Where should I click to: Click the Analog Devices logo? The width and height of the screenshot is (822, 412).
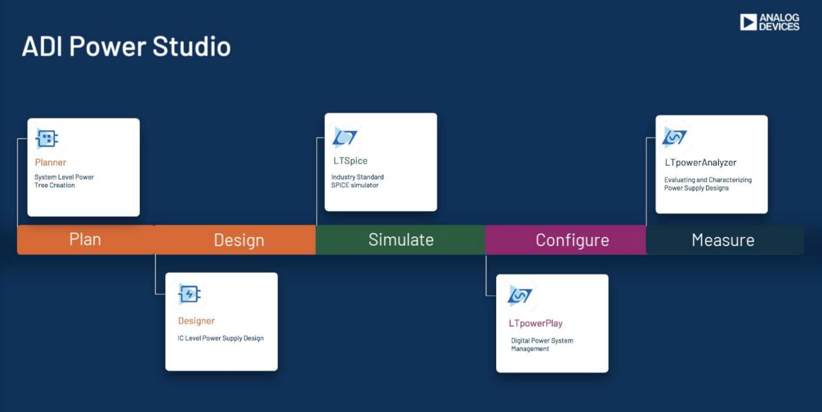pyautogui.click(x=770, y=22)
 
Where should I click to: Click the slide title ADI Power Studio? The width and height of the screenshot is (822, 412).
pyautogui.click(x=126, y=46)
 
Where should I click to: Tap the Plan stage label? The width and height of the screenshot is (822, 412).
pyautogui.click(x=85, y=239)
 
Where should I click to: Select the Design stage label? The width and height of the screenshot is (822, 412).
pyautogui.click(x=239, y=240)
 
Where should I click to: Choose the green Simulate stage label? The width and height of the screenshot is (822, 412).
pyautogui.click(x=401, y=240)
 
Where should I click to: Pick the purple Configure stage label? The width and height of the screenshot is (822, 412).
pyautogui.click(x=572, y=240)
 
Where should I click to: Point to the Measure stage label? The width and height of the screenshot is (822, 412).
pyautogui.click(x=723, y=240)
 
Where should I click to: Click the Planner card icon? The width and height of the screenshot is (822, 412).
pyautogui.click(x=47, y=139)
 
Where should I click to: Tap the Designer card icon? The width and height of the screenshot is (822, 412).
pyautogui.click(x=189, y=294)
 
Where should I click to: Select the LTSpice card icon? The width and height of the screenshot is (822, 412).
pyautogui.click(x=345, y=137)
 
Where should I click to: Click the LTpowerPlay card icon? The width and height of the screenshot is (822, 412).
pyautogui.click(x=519, y=296)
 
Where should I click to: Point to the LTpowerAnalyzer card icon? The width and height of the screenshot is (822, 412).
pyautogui.click(x=674, y=137)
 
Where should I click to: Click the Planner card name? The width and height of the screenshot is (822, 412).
pyautogui.click(x=51, y=162)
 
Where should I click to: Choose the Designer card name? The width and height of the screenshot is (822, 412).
pyautogui.click(x=196, y=321)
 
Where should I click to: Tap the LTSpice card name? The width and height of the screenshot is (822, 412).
pyautogui.click(x=350, y=161)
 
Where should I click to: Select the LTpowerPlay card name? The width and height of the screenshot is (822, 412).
pyautogui.click(x=536, y=323)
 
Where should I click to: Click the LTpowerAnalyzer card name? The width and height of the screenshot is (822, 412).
pyautogui.click(x=700, y=163)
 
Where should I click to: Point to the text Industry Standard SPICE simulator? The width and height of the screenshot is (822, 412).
pyautogui.click(x=358, y=181)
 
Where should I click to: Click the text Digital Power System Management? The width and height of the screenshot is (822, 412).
pyautogui.click(x=542, y=345)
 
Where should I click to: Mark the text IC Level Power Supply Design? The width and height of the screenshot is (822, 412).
pyautogui.click(x=220, y=338)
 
